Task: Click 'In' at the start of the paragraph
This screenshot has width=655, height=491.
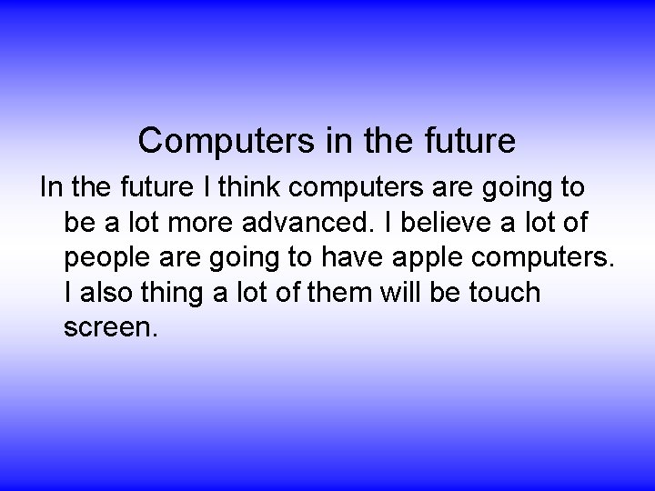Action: pos(49,188)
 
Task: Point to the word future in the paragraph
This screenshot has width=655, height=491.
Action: pos(156,188)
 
